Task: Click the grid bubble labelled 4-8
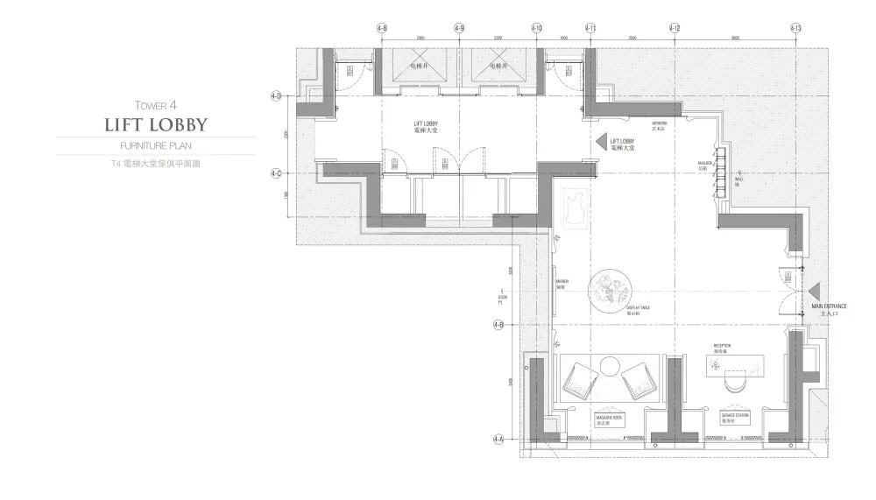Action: [x=382, y=28]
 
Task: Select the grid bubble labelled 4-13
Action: [x=795, y=28]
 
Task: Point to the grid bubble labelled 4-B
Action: [x=498, y=325]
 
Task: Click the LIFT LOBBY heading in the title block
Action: [x=156, y=123]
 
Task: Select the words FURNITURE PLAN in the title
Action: [x=156, y=145]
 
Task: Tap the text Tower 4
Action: [x=156, y=103]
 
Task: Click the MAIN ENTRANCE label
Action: [x=828, y=307]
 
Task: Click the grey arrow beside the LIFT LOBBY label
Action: [x=601, y=141]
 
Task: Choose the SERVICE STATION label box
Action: [x=734, y=419]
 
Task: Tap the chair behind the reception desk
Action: [x=734, y=382]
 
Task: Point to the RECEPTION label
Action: [x=722, y=348]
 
